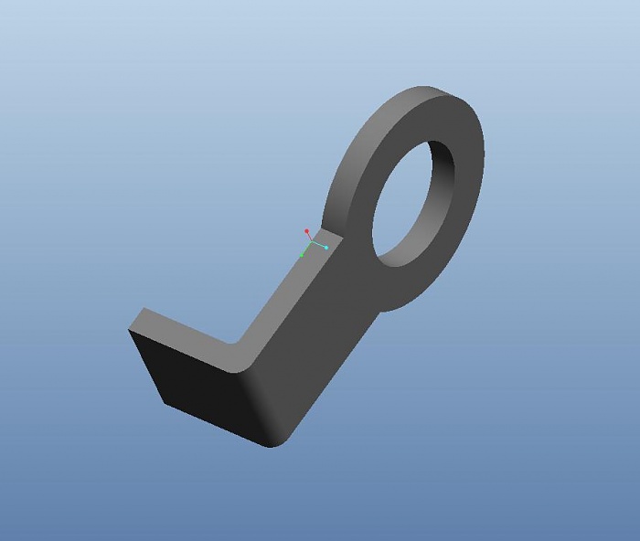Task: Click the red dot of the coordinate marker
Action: click(306, 231)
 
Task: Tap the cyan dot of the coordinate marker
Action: click(325, 248)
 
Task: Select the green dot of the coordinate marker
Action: click(302, 255)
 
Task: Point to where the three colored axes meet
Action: click(312, 243)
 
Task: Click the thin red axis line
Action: click(309, 238)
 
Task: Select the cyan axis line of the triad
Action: click(319, 245)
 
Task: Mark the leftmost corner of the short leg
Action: click(129, 330)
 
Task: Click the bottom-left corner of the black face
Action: click(165, 403)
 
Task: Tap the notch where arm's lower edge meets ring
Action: click(378, 310)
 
